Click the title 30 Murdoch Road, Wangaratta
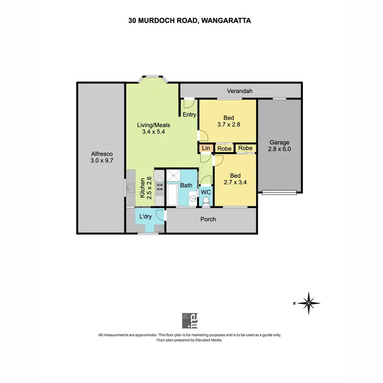(x=191, y=21)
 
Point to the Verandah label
(x=240, y=91)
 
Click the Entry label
(x=189, y=115)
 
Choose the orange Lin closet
(x=206, y=148)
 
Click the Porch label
(x=207, y=220)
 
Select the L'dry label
(x=146, y=217)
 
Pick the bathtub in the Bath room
(x=172, y=196)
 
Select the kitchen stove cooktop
(x=159, y=187)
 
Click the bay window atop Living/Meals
(x=153, y=79)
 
